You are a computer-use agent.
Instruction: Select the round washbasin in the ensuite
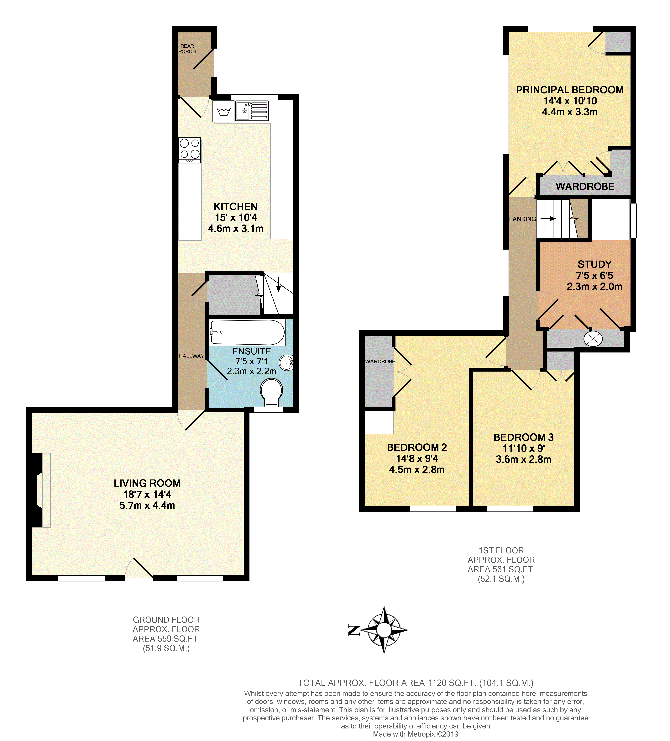point(286,363)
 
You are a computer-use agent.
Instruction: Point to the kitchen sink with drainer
point(252,111)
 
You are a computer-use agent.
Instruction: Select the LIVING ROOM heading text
point(147,483)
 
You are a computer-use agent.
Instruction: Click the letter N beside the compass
point(354,630)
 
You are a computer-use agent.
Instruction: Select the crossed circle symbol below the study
point(593,339)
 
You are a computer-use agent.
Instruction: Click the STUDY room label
point(594,264)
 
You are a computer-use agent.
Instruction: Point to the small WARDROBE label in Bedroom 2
point(380,361)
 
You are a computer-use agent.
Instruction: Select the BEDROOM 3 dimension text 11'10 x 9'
point(523,448)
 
